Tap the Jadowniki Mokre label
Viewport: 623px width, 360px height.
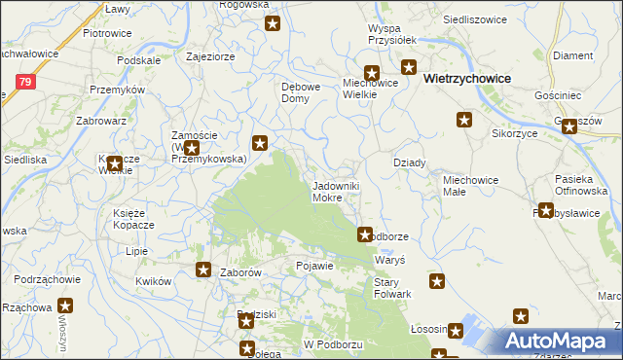click(x=339, y=191)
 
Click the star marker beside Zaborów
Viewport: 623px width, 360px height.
click(x=203, y=270)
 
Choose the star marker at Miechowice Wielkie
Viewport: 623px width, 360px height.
click(x=371, y=71)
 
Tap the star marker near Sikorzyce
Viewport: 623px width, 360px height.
click(x=464, y=120)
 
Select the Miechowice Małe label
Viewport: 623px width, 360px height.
click(x=470, y=186)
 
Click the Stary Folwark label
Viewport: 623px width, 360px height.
click(x=393, y=287)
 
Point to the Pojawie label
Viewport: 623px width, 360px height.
click(x=314, y=266)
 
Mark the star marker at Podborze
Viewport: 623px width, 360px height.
click(x=365, y=234)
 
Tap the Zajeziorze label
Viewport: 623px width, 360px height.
click(x=210, y=56)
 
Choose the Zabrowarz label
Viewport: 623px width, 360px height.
click(x=101, y=122)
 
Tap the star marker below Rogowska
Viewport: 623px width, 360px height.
click(x=273, y=23)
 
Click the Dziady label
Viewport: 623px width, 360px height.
click(x=409, y=162)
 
